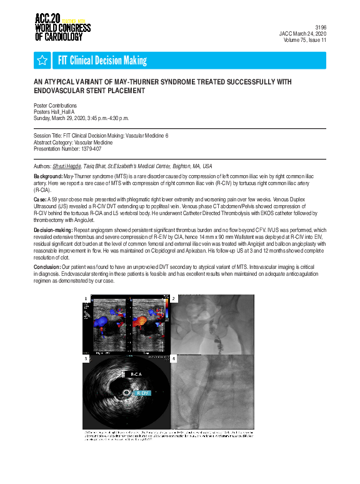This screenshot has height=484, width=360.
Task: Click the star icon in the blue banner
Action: click(x=42, y=60)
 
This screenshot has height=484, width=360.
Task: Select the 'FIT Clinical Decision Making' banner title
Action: click(x=102, y=60)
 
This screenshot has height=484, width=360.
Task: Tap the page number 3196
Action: click(x=321, y=28)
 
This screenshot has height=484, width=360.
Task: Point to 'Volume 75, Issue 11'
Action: click(x=302, y=40)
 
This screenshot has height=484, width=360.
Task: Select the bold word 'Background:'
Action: click(x=48, y=177)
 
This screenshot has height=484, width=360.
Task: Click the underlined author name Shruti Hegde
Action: click(x=66, y=166)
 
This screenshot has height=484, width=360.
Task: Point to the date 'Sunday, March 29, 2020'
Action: click(x=62, y=118)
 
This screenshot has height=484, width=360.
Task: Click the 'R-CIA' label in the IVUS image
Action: click(x=136, y=374)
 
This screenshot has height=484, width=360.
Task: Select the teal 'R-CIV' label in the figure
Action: click(x=142, y=393)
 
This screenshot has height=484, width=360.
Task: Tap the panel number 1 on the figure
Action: click(x=86, y=299)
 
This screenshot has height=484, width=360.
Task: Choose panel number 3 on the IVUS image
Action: click(x=86, y=359)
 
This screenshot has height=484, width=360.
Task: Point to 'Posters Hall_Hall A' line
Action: click(x=55, y=111)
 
